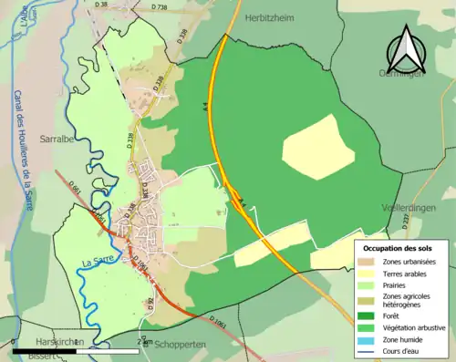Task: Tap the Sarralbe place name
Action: pos(59,139)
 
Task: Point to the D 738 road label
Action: pos(159,8)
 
